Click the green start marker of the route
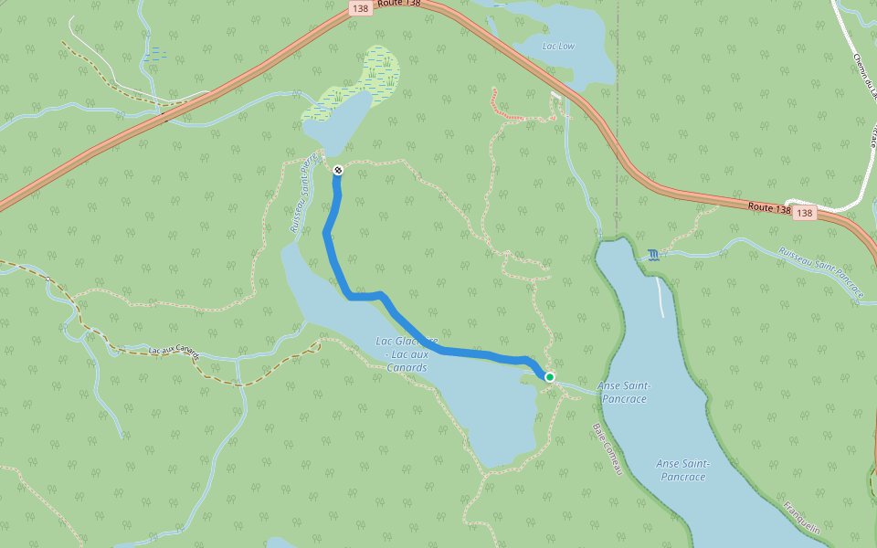[549, 376]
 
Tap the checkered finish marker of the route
[338, 170]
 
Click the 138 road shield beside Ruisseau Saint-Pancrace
[803, 213]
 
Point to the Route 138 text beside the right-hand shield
[768, 208]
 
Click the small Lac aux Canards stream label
[174, 351]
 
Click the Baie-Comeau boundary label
[607, 448]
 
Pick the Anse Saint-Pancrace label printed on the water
[682, 469]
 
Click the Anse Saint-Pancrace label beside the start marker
[624, 392]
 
